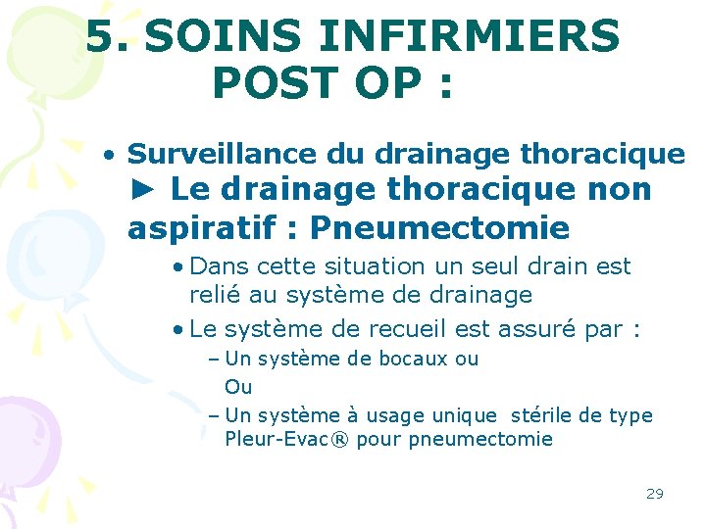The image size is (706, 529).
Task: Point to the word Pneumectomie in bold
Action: point(439,228)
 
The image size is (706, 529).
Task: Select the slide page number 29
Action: point(654,493)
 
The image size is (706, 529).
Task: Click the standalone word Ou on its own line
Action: point(238,387)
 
